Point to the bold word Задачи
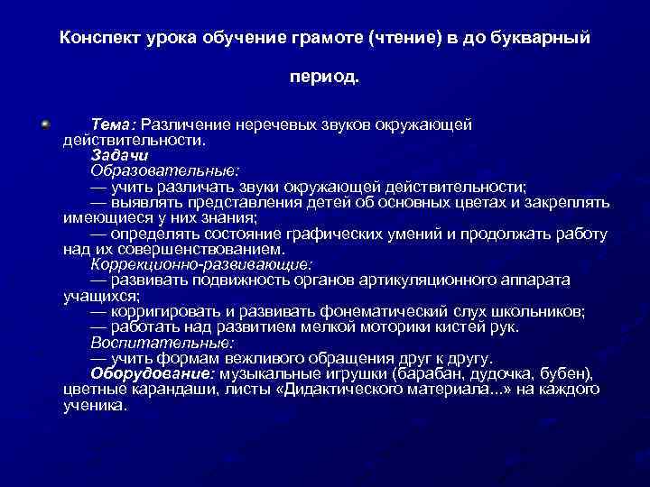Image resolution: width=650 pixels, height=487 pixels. pos(114,154)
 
